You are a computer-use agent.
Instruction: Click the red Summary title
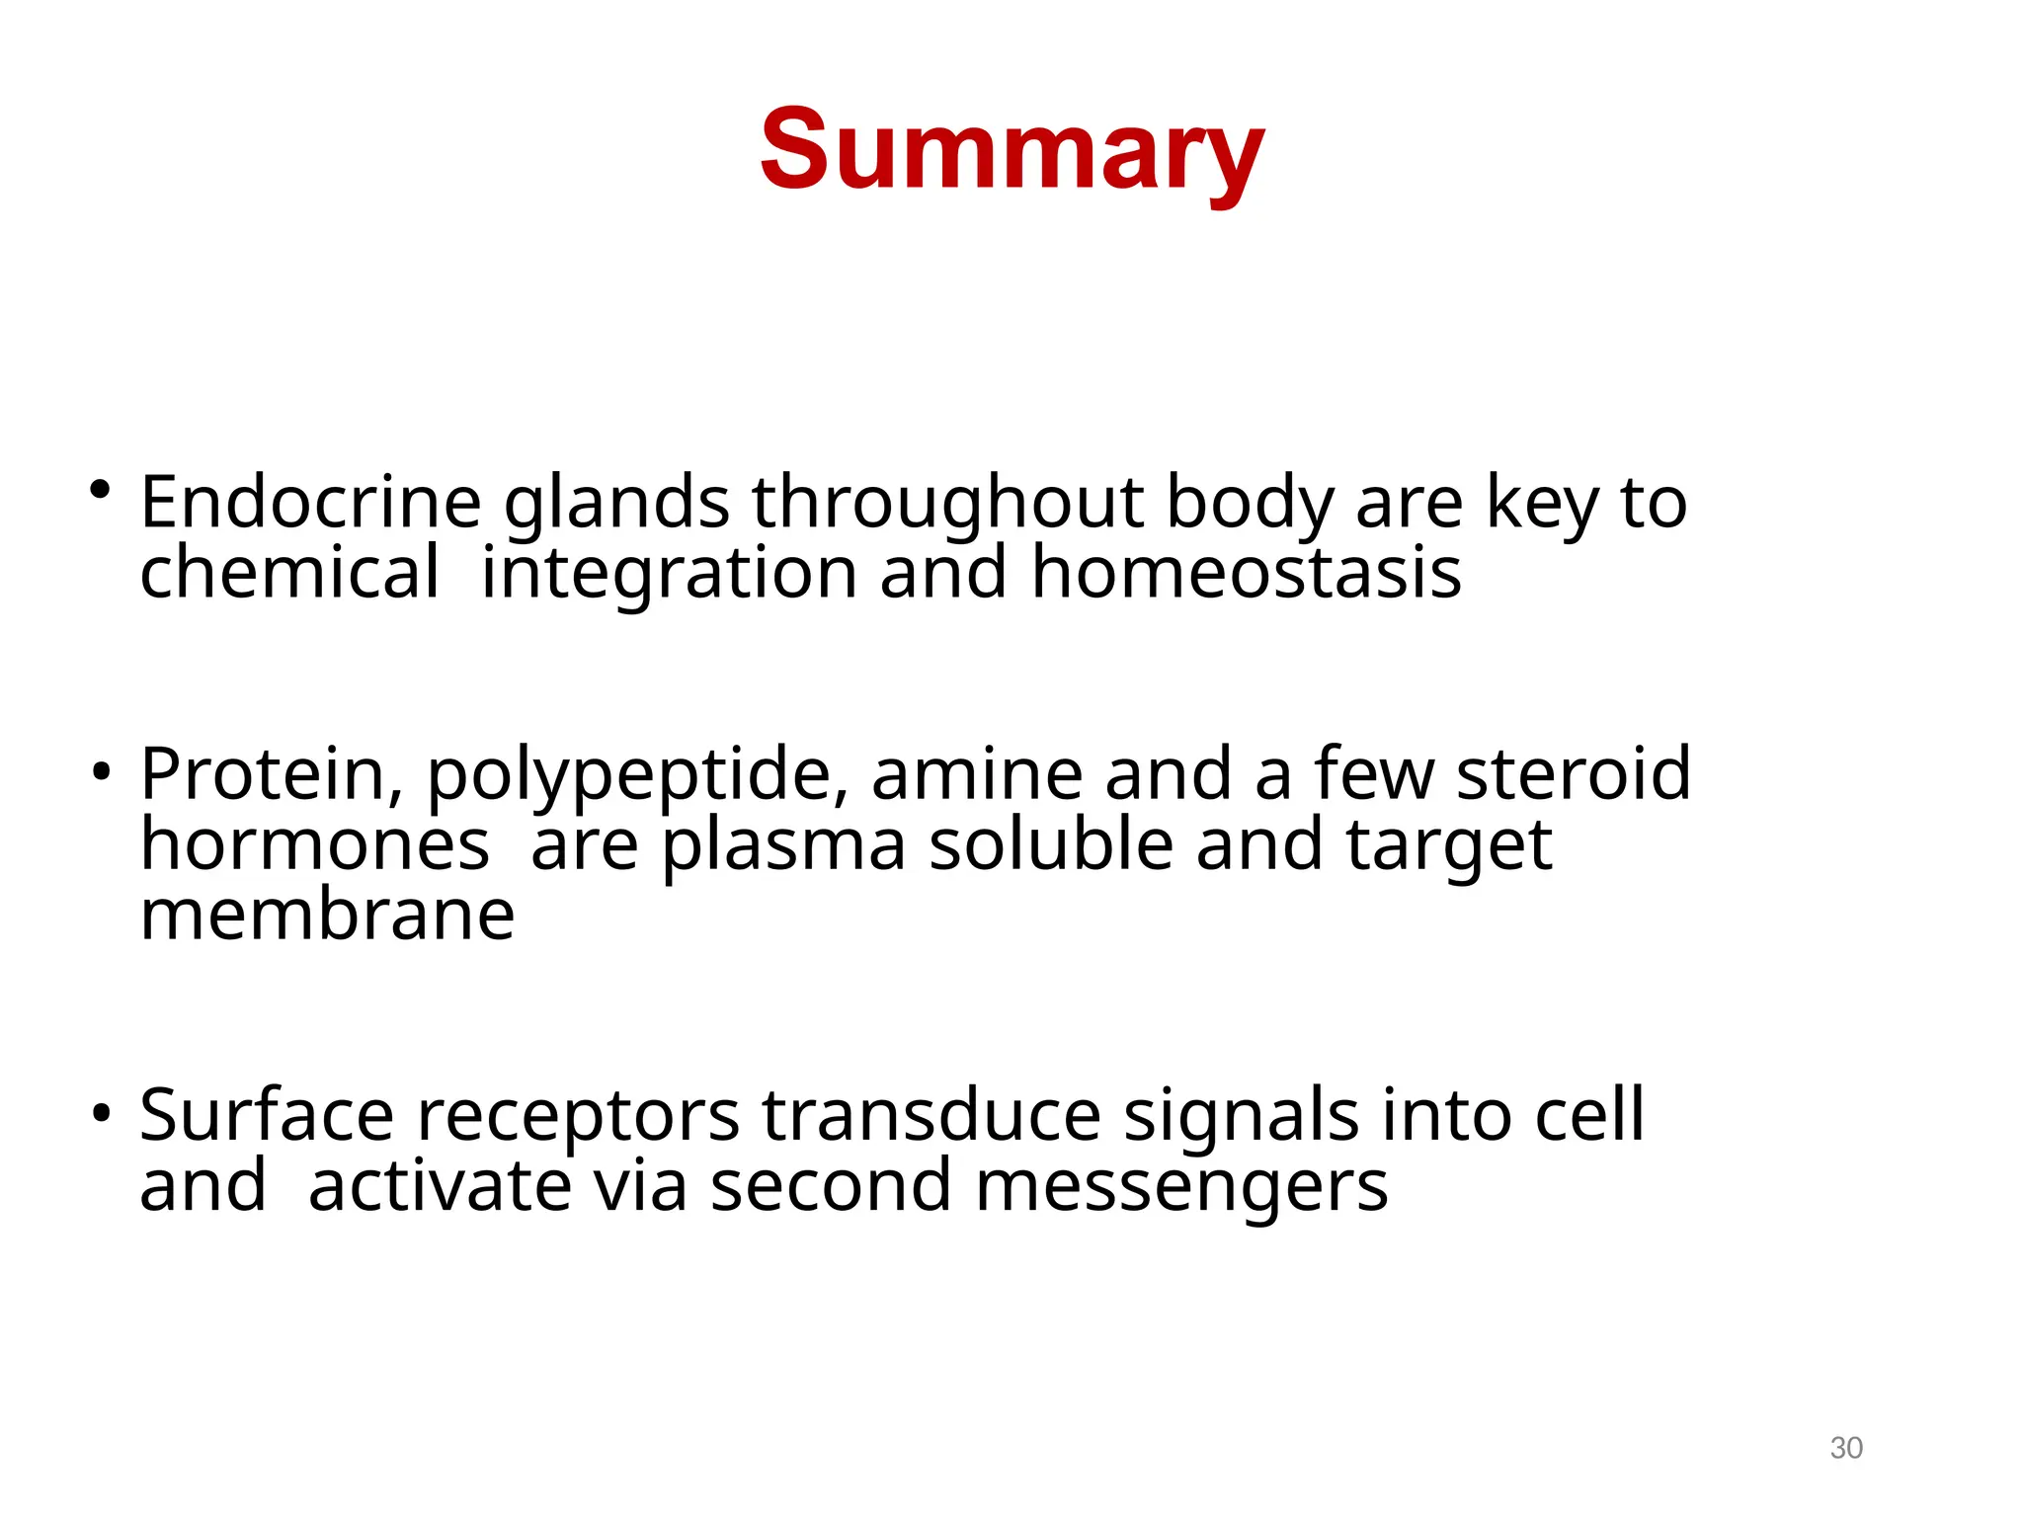coord(1011,150)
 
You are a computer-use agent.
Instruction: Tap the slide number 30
coord(1845,1448)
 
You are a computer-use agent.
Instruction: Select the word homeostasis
coord(1246,573)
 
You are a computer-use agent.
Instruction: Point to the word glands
coord(616,504)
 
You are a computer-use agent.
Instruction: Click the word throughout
coord(947,504)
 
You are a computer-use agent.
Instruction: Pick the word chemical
coord(288,573)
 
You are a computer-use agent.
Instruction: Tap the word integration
coord(669,575)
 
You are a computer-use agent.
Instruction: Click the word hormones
coord(314,845)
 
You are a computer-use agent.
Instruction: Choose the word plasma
coord(783,847)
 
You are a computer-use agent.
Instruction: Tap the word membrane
coord(327,915)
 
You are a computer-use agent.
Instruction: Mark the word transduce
coord(931,1115)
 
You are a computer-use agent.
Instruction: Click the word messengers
coord(1181,1188)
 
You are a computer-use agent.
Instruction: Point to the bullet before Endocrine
coord(99,489)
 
